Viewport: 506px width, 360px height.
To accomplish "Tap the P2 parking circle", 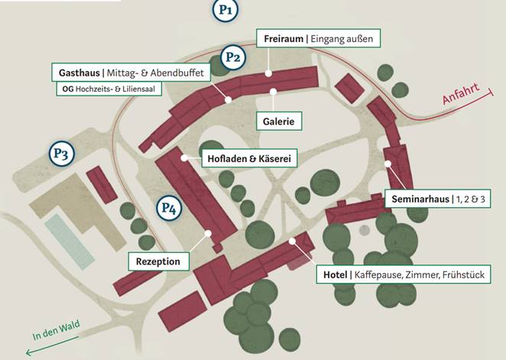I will click(233, 57).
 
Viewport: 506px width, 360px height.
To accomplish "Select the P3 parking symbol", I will click(62, 154).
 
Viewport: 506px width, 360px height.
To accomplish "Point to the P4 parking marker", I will click(170, 207).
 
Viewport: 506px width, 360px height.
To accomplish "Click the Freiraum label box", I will click(317, 38).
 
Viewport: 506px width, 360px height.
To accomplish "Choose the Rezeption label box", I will click(157, 261).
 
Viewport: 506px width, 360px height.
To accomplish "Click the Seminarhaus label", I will click(439, 199).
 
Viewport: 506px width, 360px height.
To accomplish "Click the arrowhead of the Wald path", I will click(28, 353).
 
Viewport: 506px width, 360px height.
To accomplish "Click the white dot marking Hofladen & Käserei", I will click(184, 157).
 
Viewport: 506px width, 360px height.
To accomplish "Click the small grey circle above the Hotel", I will click(365, 229).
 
